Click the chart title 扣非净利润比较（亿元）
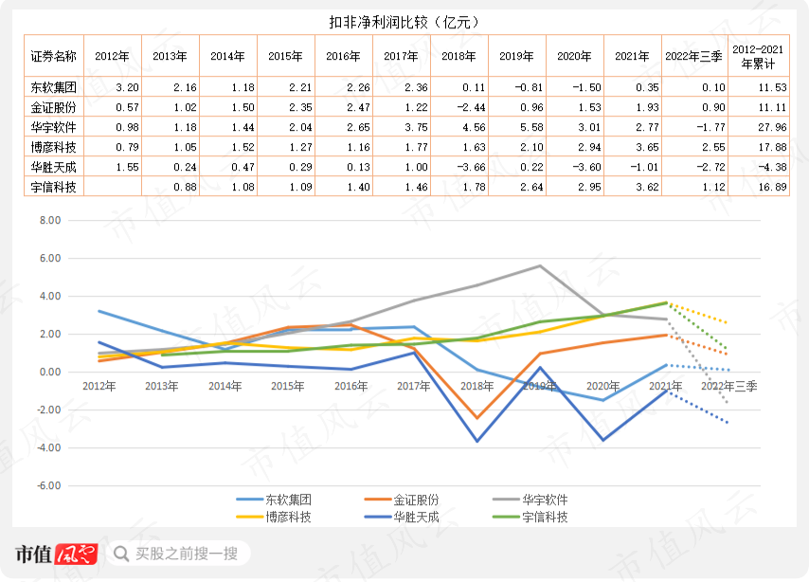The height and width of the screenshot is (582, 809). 404,22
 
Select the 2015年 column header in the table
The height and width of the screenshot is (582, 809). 285,56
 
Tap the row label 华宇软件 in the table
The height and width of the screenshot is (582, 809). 54,127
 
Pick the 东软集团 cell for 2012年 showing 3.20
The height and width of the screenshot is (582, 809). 127,87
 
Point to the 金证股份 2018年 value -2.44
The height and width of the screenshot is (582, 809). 471,107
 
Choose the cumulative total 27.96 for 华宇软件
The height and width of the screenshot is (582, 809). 772,127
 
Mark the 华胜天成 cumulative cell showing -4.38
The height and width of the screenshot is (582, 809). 772,167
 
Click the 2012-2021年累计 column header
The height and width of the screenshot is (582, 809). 758,56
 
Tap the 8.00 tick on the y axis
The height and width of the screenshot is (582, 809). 50,220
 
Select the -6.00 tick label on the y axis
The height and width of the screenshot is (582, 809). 48,485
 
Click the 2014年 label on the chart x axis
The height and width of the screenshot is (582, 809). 225,386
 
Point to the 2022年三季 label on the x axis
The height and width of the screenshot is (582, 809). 729,386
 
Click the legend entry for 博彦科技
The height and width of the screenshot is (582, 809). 274,517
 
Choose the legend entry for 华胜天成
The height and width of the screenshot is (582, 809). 402,517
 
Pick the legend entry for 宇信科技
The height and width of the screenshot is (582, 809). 530,517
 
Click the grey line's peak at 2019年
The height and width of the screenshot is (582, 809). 540,266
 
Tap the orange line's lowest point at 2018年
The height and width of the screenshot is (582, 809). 476,418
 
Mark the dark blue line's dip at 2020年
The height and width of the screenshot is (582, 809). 602,440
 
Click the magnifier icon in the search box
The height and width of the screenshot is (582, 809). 121,554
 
